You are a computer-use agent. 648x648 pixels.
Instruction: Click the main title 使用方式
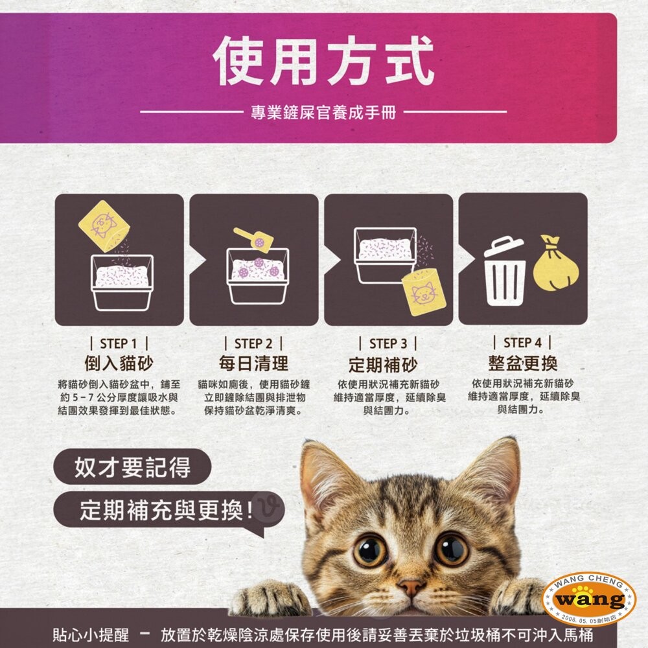point(323,61)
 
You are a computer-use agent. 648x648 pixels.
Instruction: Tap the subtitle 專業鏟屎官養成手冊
point(323,112)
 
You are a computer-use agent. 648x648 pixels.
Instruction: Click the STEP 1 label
point(119,344)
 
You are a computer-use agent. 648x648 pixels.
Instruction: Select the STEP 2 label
point(253,344)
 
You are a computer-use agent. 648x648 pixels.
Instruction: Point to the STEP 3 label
point(388,344)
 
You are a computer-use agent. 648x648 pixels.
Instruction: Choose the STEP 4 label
point(522,343)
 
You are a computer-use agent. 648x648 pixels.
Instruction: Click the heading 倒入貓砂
point(119,364)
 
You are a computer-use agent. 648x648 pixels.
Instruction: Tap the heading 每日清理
point(253,364)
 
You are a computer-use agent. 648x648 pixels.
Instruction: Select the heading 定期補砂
point(383,365)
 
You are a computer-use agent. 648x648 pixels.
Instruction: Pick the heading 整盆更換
point(523,364)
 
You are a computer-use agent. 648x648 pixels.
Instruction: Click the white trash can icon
point(505,271)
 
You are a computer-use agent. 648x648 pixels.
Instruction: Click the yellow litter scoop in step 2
point(254,239)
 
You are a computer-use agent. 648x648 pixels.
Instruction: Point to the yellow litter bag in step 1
point(104,226)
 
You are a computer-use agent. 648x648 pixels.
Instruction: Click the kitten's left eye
point(370,551)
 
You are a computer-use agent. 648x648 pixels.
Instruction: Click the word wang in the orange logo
point(590,599)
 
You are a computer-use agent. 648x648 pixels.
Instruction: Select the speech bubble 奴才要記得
point(132,467)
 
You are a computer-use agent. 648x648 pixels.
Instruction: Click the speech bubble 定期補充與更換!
point(169,511)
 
